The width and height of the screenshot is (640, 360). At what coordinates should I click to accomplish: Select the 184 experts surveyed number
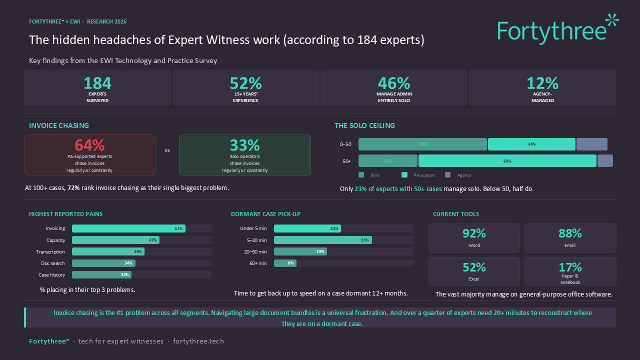click(x=97, y=83)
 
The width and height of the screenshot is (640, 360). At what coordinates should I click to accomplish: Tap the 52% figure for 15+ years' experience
click(x=245, y=83)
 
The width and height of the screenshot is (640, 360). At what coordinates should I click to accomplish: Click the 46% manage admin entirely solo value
click(x=394, y=83)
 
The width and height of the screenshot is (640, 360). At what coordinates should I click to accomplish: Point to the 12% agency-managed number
click(x=542, y=83)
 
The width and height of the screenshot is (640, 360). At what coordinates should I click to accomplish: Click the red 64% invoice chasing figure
click(x=89, y=145)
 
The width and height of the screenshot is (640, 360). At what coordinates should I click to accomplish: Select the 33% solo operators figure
click(x=244, y=145)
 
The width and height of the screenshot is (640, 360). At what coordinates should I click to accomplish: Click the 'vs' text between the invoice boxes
click(x=167, y=150)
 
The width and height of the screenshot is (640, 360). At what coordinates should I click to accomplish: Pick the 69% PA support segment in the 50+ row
click(x=507, y=161)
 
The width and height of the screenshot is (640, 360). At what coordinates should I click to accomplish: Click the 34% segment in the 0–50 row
click(x=531, y=144)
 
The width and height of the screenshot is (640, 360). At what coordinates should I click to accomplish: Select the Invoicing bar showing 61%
click(x=128, y=228)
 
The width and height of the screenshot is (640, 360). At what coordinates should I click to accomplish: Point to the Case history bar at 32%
click(x=101, y=274)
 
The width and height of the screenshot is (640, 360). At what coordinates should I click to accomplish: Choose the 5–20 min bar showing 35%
click(x=322, y=240)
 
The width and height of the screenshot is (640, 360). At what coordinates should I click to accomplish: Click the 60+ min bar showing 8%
click(x=285, y=263)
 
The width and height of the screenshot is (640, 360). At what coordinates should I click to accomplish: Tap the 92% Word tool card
click(x=474, y=237)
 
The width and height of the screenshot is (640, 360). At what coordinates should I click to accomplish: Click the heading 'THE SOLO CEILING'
click(x=364, y=126)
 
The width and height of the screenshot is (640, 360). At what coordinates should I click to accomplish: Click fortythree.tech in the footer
click(x=198, y=341)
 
